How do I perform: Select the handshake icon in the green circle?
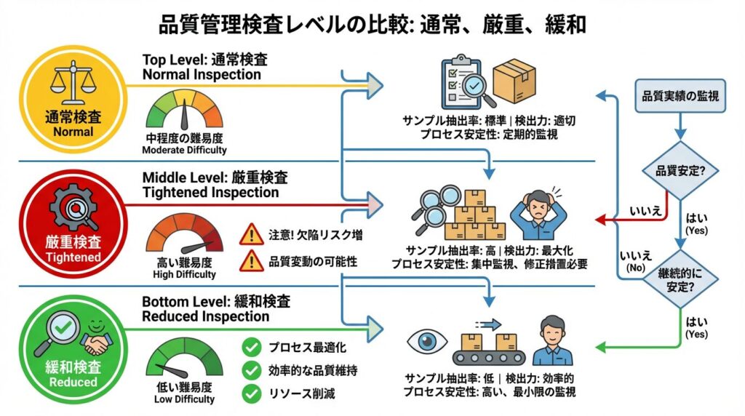95,341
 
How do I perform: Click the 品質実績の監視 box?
680,97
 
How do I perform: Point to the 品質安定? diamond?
679,172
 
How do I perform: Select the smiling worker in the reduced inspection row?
552,341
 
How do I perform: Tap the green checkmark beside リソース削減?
252,393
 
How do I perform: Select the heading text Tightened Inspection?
210,193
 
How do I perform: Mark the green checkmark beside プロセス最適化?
252,347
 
